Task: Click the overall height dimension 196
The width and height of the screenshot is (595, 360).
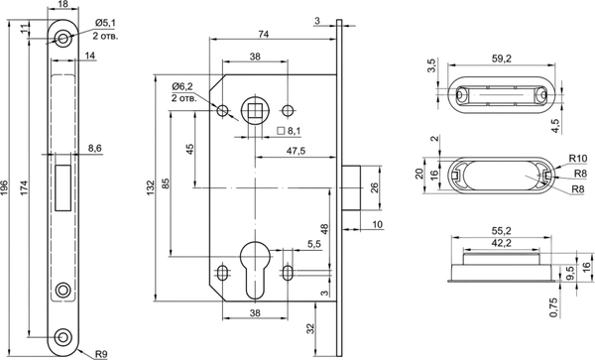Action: [x=4, y=187]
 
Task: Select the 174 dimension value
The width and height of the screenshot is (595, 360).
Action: [x=23, y=187]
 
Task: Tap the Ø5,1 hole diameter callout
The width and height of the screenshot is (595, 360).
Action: [x=105, y=23]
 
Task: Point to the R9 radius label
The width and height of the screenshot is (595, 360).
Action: [x=101, y=354]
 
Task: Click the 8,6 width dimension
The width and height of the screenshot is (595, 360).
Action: [x=95, y=148]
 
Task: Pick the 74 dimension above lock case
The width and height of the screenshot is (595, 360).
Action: [x=264, y=34]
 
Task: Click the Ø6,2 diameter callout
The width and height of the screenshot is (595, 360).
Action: [x=182, y=86]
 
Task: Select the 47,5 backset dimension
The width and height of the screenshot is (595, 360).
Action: [x=296, y=151]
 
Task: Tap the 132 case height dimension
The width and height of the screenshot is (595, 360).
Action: [x=151, y=187]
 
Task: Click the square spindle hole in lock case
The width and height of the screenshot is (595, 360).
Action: [x=254, y=111]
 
